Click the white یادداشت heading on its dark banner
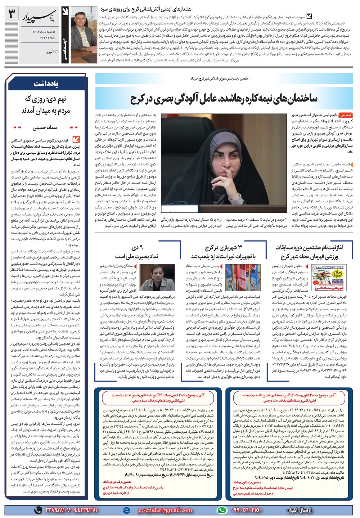46,84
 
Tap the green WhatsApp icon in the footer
223,510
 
